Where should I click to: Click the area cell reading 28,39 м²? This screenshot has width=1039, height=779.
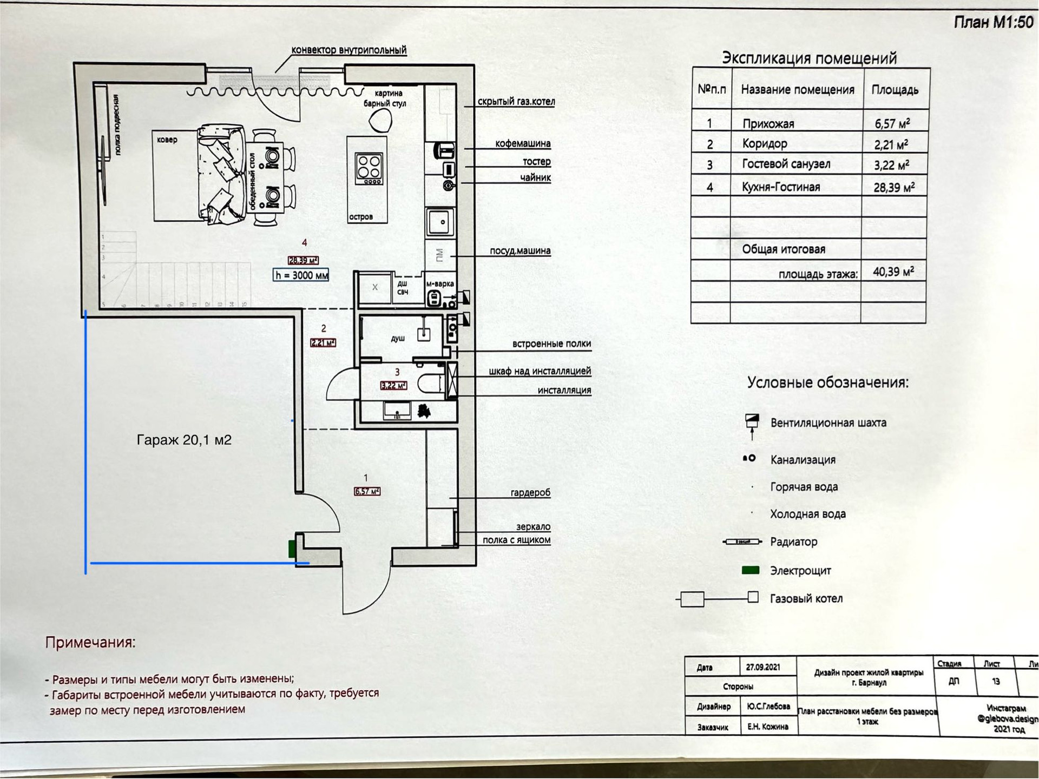pyautogui.click(x=893, y=187)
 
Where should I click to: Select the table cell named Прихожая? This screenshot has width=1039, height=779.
pyautogui.click(x=768, y=124)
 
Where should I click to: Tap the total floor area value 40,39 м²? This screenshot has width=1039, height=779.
pyautogui.click(x=893, y=272)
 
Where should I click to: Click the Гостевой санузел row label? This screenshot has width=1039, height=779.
pyautogui.click(x=786, y=164)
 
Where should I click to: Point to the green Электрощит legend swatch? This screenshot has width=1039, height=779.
pyautogui.click(x=750, y=570)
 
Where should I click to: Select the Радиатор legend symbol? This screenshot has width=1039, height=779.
pyautogui.click(x=742, y=542)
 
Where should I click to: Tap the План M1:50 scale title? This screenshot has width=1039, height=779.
pyautogui.click(x=993, y=22)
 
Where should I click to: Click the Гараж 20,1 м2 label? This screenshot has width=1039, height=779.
pyautogui.click(x=183, y=440)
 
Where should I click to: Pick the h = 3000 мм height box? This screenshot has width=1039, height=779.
pyautogui.click(x=301, y=275)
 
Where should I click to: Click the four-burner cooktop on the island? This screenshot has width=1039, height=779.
pyautogui.click(x=369, y=168)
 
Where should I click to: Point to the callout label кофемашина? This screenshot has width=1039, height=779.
pyautogui.click(x=522, y=143)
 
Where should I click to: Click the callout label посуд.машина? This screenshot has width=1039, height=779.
pyautogui.click(x=519, y=251)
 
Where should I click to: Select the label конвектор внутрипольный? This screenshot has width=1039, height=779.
pyautogui.click(x=348, y=50)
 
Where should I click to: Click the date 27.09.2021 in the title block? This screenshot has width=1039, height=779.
pyautogui.click(x=762, y=667)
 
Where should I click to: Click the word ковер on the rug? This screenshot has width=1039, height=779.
pyautogui.click(x=167, y=140)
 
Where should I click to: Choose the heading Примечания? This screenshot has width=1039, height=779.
pyautogui.click(x=90, y=642)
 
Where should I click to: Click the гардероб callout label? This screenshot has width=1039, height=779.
pyautogui.click(x=530, y=492)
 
